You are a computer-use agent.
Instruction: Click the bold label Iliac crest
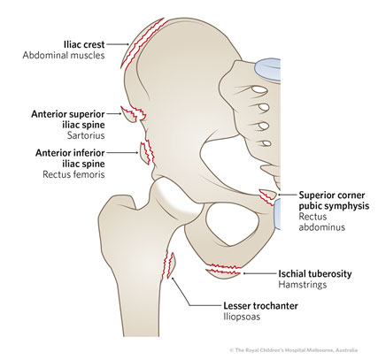coord(84,44)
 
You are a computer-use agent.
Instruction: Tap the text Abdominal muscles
coord(64,56)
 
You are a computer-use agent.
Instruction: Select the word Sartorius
coord(86,135)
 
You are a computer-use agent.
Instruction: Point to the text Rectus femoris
coord(73,174)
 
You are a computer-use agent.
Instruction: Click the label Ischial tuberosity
coord(315,274)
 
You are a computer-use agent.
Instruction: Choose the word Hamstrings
coord(303,285)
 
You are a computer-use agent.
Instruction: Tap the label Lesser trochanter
coord(260,306)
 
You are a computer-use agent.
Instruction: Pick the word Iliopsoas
coord(242,317)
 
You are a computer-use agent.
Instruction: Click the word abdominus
coord(321,227)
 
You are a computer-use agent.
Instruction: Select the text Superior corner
coord(332,195)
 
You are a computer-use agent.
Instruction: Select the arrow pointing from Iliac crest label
coord(118,44)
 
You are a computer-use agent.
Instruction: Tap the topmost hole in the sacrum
coord(256,89)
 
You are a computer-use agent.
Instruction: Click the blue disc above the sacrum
coord(268,68)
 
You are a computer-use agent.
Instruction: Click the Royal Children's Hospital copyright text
coord(294,350)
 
